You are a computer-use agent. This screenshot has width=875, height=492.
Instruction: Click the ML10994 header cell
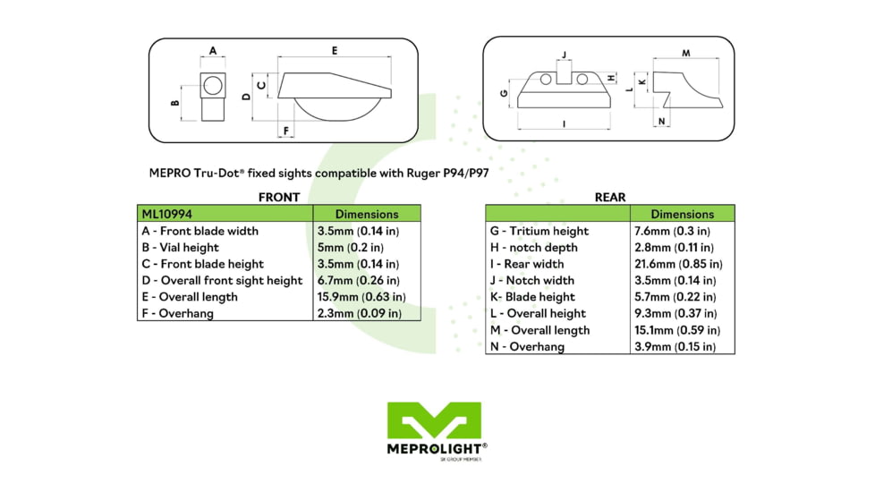tap(167, 215)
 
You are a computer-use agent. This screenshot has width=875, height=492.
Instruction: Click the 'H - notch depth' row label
tap(533, 248)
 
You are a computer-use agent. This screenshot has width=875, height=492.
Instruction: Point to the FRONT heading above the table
tap(278, 197)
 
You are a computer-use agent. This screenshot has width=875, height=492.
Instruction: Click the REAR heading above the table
tap(609, 197)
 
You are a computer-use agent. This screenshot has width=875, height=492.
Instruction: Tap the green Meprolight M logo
tap(434, 420)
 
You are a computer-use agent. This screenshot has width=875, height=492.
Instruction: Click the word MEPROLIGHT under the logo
tap(434, 448)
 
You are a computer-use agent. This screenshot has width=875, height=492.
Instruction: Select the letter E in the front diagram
tap(335, 51)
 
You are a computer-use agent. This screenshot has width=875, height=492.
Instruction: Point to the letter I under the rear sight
tap(565, 124)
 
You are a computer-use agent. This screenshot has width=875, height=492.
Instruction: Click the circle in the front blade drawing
tap(213, 87)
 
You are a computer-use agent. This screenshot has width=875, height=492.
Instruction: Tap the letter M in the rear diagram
tap(685, 54)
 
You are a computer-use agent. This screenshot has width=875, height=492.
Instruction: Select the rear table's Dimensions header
tap(682, 215)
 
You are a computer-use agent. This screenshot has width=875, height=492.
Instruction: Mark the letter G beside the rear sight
tap(505, 93)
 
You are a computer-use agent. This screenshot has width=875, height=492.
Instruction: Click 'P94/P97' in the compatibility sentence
tap(468, 174)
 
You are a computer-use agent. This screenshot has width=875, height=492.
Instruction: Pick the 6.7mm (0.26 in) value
tap(358, 281)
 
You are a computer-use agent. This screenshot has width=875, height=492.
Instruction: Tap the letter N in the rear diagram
tap(662, 122)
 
